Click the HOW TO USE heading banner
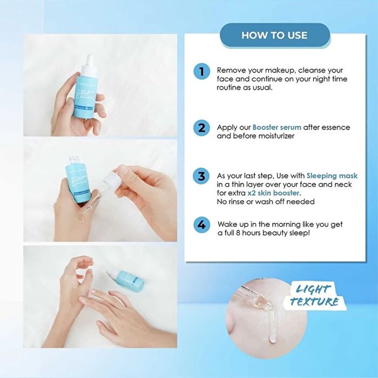click(274, 36)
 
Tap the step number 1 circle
click(201, 71)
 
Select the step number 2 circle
click(201, 128)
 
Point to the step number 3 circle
click(201, 177)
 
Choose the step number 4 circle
click(201, 225)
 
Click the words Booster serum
click(277, 127)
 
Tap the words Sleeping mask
click(332, 176)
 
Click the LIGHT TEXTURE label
click(314, 295)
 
